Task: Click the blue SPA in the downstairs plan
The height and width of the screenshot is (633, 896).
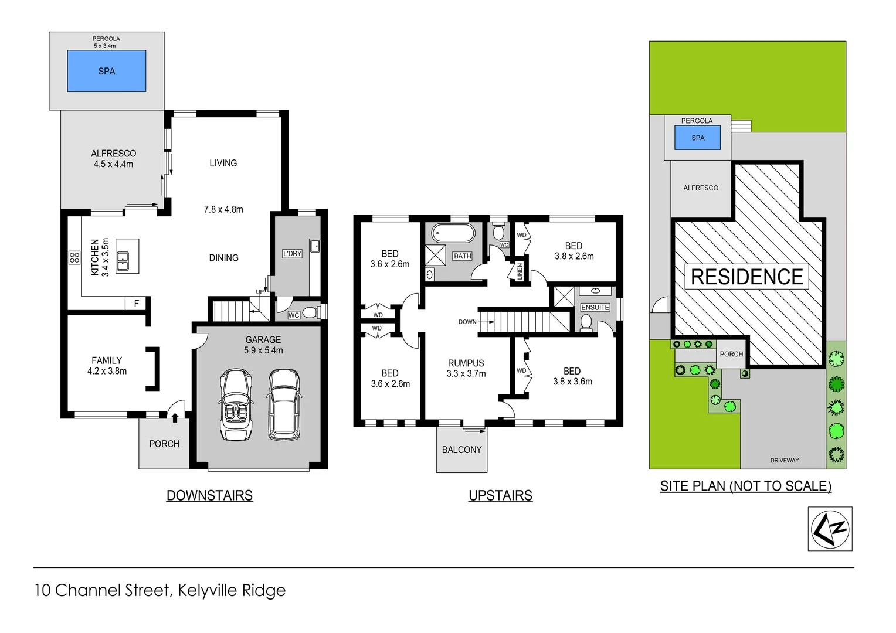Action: [106, 71]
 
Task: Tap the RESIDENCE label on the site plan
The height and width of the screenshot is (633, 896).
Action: [746, 277]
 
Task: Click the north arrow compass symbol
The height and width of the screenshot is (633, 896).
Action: [830, 529]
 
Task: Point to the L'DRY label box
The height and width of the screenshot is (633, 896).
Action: [292, 254]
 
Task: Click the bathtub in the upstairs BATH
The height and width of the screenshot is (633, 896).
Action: [453, 233]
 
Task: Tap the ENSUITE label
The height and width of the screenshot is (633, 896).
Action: [595, 308]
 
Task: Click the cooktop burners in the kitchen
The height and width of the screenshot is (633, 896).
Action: [74, 257]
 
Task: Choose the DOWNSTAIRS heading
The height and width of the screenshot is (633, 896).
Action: [209, 496]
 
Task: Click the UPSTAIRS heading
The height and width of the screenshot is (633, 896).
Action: [500, 496]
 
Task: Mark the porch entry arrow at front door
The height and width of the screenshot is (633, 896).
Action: [175, 417]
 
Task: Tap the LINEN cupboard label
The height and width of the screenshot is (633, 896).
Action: [520, 271]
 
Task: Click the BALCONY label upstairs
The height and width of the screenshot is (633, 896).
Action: [461, 450]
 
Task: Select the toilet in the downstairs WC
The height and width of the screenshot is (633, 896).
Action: [311, 312]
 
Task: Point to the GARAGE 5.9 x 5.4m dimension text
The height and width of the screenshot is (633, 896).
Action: [263, 350]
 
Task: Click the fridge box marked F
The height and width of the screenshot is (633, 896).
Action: [136, 304]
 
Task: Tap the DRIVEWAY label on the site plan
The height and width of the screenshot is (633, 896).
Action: [784, 461]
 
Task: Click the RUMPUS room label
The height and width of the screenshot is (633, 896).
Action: [466, 363]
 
